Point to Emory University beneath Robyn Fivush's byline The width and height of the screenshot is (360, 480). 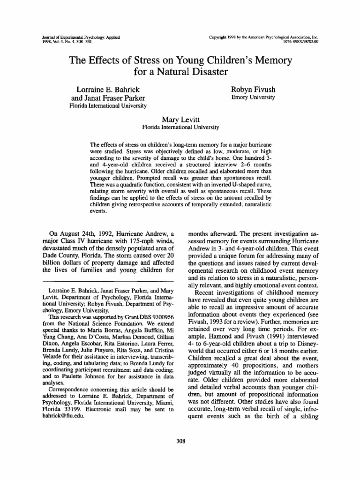point(253,97)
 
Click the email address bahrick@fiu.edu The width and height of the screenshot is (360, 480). point(62,416)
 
